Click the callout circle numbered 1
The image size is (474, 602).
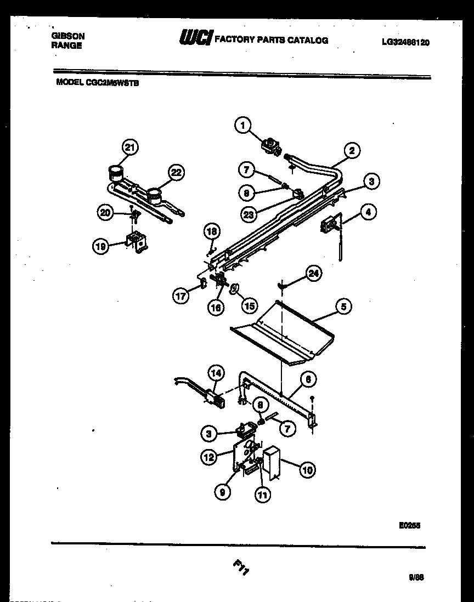tap(241, 126)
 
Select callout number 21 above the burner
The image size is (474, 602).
tap(129, 147)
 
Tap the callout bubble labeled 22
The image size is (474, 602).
tap(176, 173)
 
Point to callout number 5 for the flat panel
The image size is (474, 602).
tap(343, 306)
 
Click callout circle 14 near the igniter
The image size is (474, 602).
tap(216, 373)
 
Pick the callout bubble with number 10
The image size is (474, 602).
tap(307, 469)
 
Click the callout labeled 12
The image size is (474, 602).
tap(209, 457)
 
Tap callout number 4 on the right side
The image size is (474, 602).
tap(368, 211)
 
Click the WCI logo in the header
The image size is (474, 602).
tap(195, 38)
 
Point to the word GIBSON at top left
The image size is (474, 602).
tap(68, 36)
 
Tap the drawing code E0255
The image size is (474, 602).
tap(409, 525)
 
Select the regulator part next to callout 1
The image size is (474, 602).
tap(270, 145)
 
